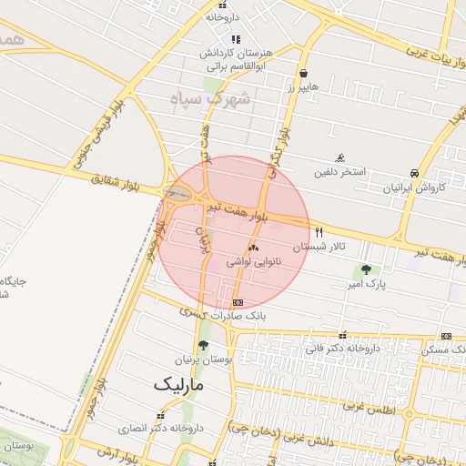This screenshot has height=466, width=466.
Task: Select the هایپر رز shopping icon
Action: [x=302, y=74]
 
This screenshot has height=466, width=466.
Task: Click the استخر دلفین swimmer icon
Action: [x=340, y=157]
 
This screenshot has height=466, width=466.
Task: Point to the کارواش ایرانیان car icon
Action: [x=415, y=172]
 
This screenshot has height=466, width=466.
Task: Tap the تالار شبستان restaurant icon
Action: [x=319, y=232]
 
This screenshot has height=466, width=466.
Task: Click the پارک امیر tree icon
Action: [x=366, y=269]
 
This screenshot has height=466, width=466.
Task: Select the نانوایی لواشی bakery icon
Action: [x=253, y=247]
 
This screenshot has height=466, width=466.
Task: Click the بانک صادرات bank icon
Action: [x=238, y=301]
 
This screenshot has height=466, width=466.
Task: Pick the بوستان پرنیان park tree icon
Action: [x=202, y=345]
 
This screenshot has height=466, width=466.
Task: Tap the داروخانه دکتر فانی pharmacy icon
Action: [x=342, y=335]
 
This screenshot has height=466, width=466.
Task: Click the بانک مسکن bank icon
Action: [x=445, y=336]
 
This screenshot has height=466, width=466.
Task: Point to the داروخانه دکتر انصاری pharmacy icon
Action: [x=161, y=414]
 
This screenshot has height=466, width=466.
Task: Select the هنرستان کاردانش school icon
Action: [x=236, y=39]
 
